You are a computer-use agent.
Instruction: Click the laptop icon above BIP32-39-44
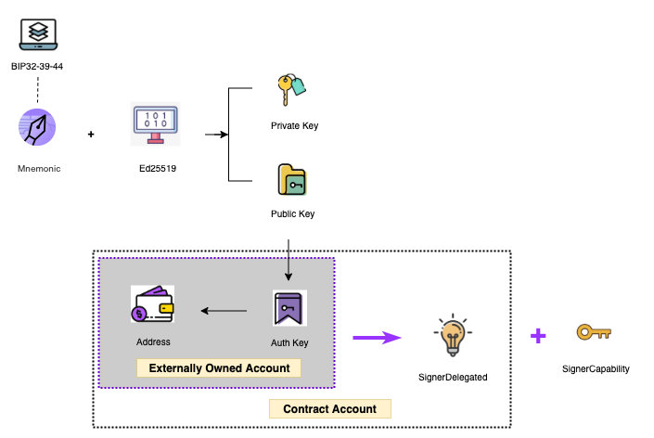38,33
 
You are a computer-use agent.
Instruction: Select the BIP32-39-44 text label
38,67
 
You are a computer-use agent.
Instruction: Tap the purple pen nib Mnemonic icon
38,128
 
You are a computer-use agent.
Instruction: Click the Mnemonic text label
39,170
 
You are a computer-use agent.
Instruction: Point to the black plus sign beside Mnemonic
91,135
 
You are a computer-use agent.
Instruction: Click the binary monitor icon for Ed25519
156,124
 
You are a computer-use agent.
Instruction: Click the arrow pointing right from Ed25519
216,135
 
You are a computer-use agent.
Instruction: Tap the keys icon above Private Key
290,91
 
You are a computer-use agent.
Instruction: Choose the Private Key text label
294,125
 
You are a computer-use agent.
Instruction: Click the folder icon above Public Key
292,180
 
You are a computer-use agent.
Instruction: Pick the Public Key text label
293,214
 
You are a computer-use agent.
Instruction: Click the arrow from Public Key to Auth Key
289,261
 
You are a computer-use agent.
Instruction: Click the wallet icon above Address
153,304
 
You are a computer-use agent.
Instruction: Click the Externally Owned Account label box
220,368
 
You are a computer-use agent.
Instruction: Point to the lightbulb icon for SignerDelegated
452,338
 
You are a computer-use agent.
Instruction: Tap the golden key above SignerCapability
594,332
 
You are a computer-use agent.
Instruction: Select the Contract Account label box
329,408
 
